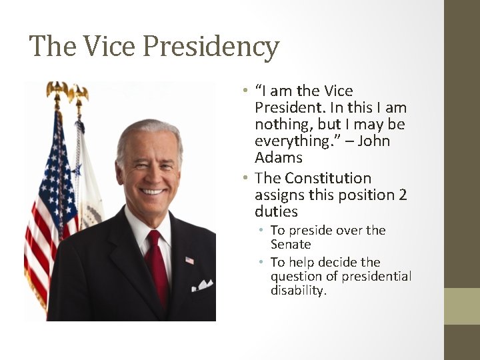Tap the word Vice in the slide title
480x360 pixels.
[108, 47]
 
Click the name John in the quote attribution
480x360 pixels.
[375, 141]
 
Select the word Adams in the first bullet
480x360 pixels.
[278, 158]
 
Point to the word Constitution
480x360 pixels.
[327, 178]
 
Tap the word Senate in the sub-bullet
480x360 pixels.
[291, 244]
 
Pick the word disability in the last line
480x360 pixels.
[298, 290]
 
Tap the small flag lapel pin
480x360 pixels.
[189, 260]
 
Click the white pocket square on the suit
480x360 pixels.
[202, 285]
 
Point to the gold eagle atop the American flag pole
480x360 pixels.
[58, 90]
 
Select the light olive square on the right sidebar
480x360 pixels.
[462, 306]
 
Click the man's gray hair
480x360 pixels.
[148, 131]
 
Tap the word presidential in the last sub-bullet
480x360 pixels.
[373, 276]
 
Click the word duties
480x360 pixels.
[276, 211]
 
